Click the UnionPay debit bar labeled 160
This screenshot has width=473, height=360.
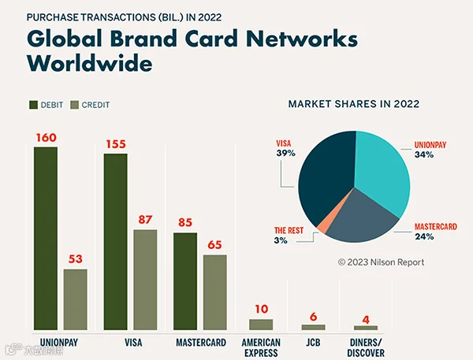(46, 239)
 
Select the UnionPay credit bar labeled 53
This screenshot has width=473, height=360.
(76, 299)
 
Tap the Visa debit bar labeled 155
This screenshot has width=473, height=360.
(116, 242)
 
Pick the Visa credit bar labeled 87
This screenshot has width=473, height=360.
(145, 280)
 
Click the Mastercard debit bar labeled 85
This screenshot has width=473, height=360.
(185, 281)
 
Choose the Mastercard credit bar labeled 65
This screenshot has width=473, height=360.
(215, 292)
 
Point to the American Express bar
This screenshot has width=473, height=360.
(261, 325)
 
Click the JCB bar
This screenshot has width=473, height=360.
(314, 327)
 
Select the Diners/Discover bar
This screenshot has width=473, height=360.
(366, 328)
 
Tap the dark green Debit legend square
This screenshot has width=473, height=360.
(33, 105)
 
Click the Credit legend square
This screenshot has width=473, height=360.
(75, 105)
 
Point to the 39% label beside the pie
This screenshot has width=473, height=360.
(285, 153)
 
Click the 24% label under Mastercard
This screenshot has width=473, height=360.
(424, 236)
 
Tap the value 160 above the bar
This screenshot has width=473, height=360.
(47, 138)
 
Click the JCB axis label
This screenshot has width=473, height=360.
(313, 343)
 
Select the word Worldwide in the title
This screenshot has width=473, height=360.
(90, 63)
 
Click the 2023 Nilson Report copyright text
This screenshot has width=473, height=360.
(381, 262)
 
